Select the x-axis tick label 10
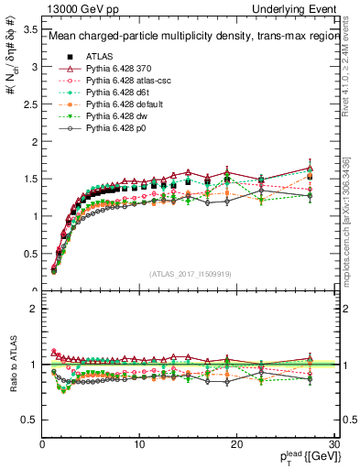139,444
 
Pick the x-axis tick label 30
333,444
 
